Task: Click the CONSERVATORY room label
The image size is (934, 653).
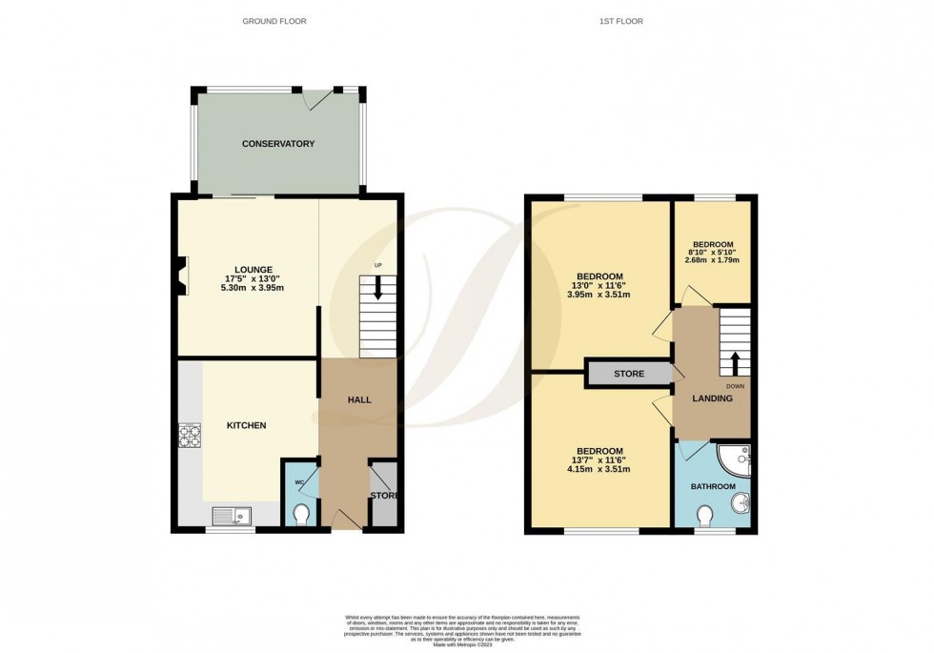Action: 278,144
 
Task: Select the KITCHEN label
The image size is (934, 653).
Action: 246,425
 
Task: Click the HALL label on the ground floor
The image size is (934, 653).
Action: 358,399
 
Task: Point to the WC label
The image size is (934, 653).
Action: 298,482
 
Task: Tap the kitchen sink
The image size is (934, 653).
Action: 229,517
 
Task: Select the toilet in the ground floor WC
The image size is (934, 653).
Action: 302,516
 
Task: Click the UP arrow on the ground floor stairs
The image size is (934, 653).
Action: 378,287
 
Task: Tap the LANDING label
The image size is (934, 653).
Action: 713,398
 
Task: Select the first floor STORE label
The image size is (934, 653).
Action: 630,375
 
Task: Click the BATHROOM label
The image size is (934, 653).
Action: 714,486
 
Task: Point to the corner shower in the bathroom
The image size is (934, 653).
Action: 737,460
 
